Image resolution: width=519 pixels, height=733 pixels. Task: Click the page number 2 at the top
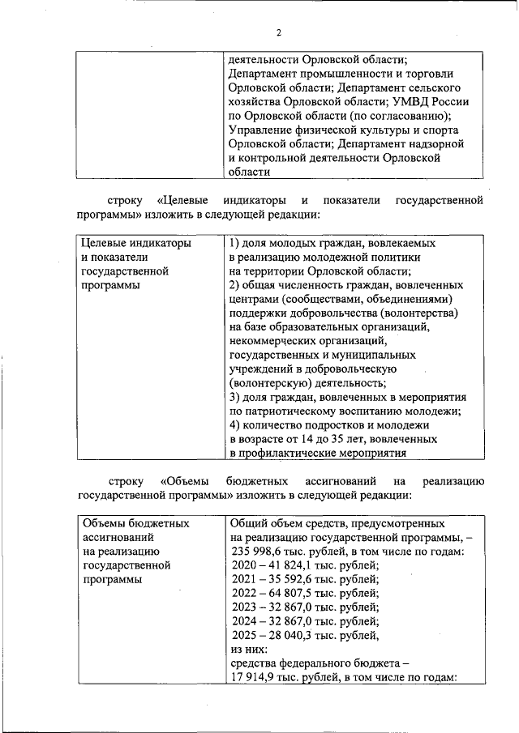(279, 33)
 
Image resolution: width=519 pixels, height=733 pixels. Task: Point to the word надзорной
(437, 143)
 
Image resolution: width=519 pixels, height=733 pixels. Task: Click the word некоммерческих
(277, 341)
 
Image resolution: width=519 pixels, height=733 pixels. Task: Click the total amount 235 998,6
(259, 552)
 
